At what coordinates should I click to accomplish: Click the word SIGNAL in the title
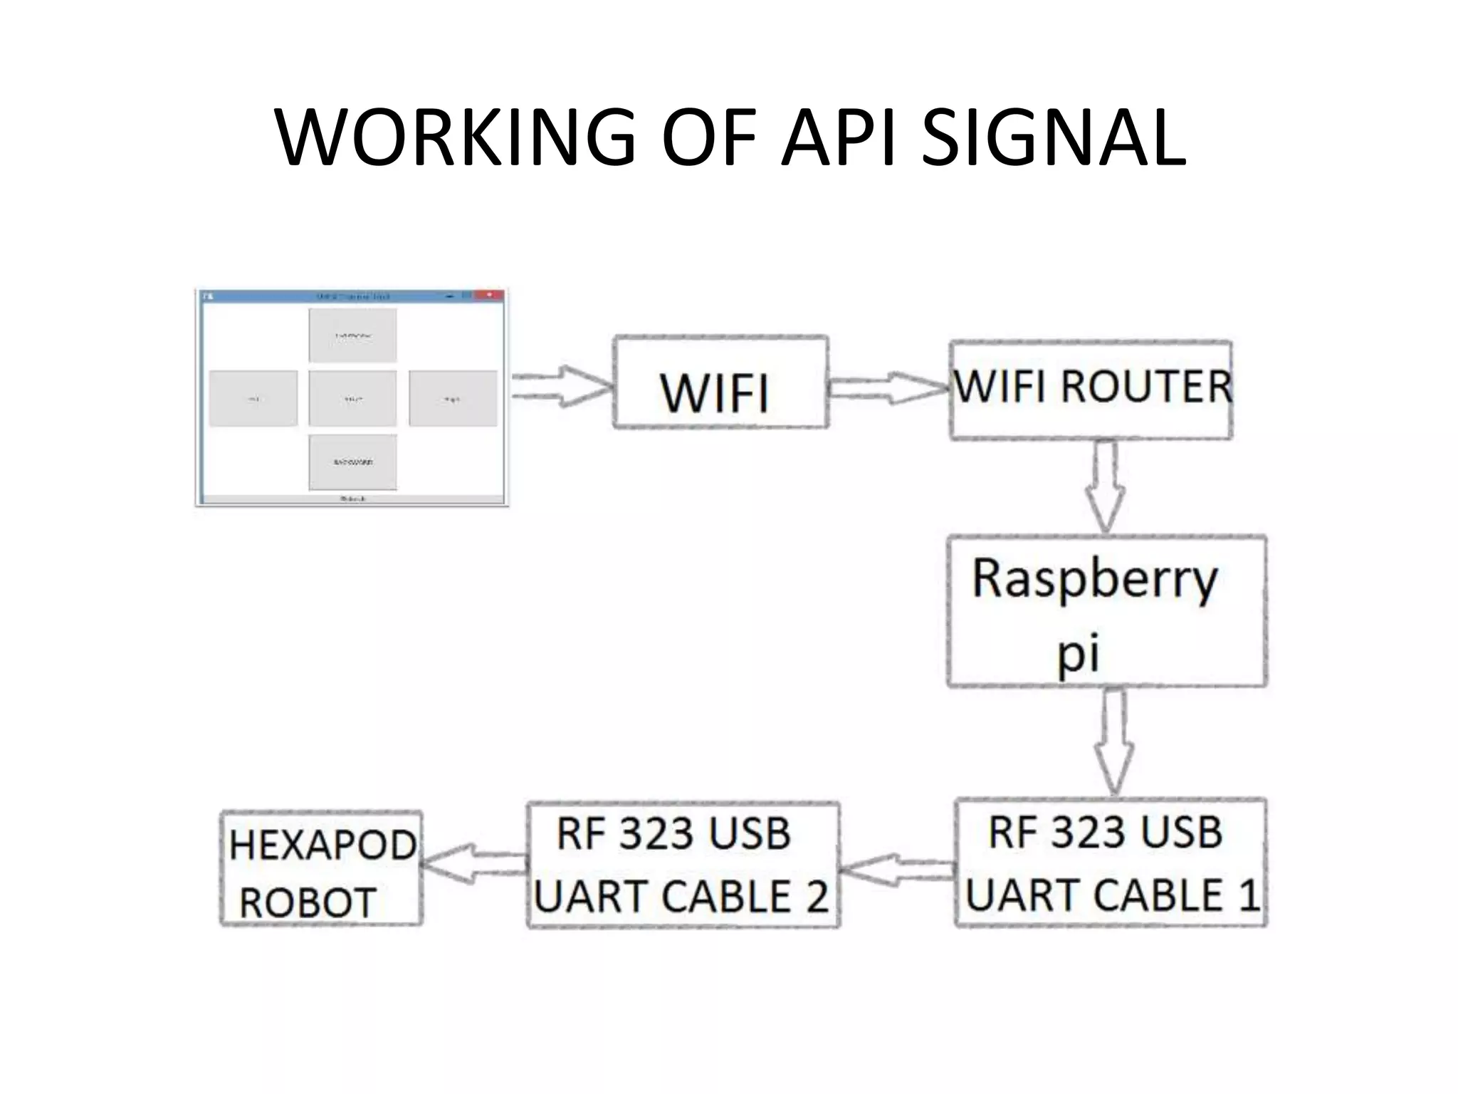tap(1054, 137)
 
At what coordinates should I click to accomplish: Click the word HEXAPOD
tap(322, 845)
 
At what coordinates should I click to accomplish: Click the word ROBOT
tap(308, 903)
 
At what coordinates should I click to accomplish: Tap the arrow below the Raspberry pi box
tap(1114, 741)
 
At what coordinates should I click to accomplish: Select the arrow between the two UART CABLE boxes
tap(897, 870)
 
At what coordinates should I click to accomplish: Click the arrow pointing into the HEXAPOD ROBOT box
tap(473, 863)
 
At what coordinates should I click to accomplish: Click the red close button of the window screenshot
tap(490, 295)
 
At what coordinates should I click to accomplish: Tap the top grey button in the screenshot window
tap(352, 335)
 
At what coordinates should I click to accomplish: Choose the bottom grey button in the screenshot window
tap(352, 462)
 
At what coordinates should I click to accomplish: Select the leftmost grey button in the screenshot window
tap(253, 399)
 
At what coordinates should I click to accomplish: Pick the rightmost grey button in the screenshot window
tap(453, 399)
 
